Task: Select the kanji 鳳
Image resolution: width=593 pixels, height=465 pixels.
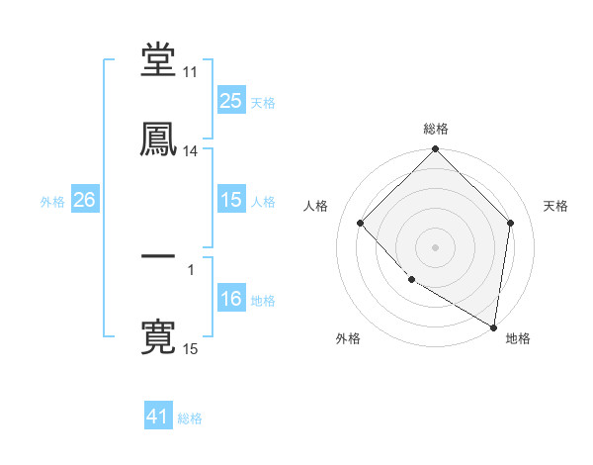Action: [158, 139]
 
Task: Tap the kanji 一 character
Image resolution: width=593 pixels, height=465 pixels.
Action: [158, 255]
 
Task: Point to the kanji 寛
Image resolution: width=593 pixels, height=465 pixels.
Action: [158, 336]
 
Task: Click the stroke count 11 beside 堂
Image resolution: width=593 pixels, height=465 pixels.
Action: [191, 73]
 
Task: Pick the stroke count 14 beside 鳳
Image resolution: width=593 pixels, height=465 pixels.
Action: [191, 151]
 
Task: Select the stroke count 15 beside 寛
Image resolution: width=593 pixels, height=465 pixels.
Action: [191, 348]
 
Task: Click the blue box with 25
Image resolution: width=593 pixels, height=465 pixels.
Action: [230, 101]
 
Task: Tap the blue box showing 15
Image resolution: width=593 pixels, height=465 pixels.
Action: [230, 200]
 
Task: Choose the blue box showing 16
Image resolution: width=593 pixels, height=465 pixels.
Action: [230, 299]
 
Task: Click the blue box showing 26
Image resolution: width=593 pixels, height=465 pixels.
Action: [84, 200]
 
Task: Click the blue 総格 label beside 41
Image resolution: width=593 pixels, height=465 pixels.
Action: [190, 418]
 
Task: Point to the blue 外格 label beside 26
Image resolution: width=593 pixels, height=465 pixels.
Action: [52, 201]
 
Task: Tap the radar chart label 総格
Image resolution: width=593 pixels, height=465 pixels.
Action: [436, 129]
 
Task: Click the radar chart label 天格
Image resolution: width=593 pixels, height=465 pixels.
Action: [555, 206]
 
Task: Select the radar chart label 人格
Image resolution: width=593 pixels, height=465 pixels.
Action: [316, 206]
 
